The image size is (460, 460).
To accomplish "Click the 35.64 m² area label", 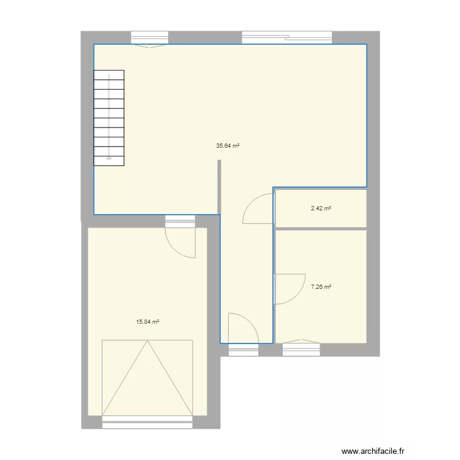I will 228,146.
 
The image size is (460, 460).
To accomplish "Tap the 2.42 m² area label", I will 321,209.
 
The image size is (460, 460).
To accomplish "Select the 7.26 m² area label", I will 321,286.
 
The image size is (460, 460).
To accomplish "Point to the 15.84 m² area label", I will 148,321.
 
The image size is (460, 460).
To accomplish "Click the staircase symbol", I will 109,118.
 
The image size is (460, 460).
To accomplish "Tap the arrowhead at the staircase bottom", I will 109,158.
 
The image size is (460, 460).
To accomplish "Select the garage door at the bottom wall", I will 147,421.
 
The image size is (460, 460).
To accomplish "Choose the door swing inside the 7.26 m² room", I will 288,289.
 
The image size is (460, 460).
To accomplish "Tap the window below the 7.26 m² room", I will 301,348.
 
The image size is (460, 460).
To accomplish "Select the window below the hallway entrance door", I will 243,350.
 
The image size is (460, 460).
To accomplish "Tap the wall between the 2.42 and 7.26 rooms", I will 321,228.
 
